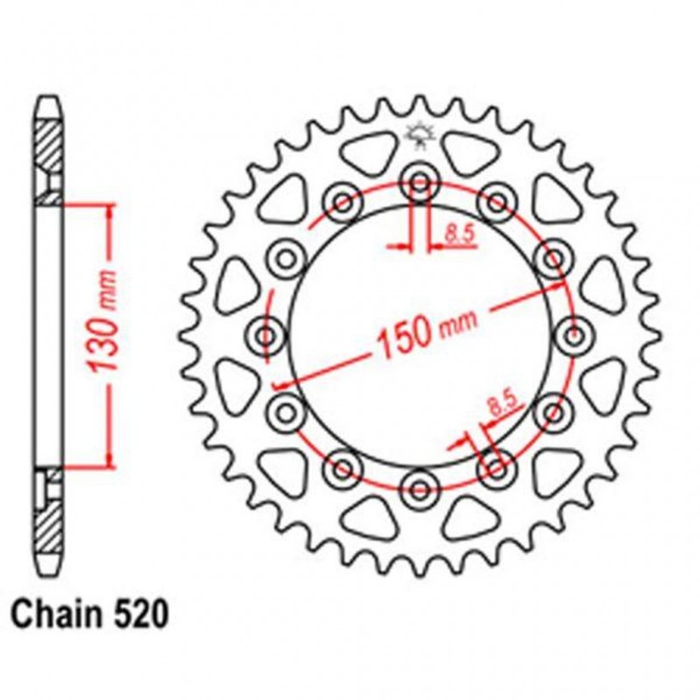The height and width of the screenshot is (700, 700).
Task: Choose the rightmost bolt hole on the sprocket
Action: point(572,333)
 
